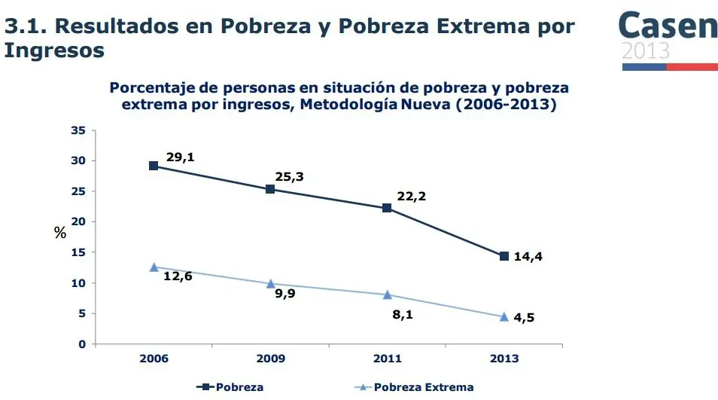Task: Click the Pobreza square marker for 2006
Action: click(x=154, y=166)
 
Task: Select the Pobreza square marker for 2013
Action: click(x=504, y=256)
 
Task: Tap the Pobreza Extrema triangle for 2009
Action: click(x=270, y=283)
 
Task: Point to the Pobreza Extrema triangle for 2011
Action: click(x=387, y=295)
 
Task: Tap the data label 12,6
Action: click(x=178, y=276)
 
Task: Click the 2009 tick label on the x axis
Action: click(x=270, y=359)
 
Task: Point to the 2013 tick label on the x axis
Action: click(x=504, y=359)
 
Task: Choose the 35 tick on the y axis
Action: click(x=78, y=130)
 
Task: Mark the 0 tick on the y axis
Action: click(x=81, y=344)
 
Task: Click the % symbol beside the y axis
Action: click(x=60, y=233)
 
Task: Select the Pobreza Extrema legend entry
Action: click(x=415, y=387)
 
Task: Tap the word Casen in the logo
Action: click(x=668, y=26)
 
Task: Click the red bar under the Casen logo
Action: click(x=692, y=66)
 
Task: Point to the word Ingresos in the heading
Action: click(x=54, y=50)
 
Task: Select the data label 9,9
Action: click(x=285, y=294)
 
